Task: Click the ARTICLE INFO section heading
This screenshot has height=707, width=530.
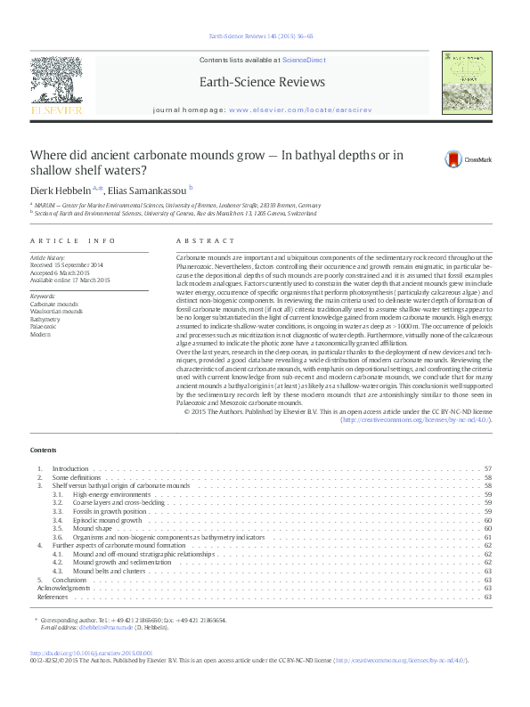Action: (73, 241)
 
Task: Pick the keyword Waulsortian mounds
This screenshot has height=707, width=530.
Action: (56, 312)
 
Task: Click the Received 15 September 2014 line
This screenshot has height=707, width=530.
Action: (68, 264)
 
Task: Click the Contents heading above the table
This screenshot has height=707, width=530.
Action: (43, 450)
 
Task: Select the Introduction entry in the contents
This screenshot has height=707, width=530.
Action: (70, 468)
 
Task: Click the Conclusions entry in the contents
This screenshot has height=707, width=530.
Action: (69, 580)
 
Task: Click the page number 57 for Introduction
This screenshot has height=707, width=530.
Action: (487, 468)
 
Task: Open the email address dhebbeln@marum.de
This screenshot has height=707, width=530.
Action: (106, 627)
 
